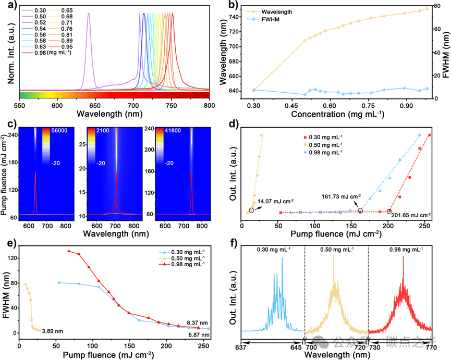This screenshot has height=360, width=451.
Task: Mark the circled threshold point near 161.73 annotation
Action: pyautogui.click(x=360, y=210)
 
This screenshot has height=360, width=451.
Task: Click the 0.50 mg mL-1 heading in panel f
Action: pyautogui.click(x=336, y=250)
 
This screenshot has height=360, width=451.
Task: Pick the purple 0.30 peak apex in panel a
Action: pyautogui.click(x=89, y=14)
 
